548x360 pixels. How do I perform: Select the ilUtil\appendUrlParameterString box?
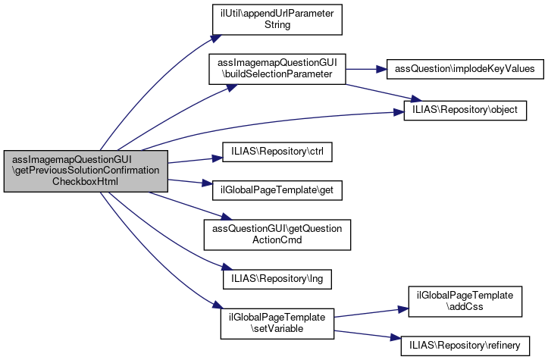click(x=277, y=19)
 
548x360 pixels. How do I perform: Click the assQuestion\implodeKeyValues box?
click(x=465, y=69)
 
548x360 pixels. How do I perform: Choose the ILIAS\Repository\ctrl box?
click(x=277, y=152)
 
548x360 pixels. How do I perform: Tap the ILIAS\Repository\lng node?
click(x=277, y=277)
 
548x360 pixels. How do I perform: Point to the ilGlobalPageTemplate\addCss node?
click(x=465, y=301)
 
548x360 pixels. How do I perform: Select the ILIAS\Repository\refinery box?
click(x=465, y=345)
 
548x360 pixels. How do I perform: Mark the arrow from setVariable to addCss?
click(x=368, y=313)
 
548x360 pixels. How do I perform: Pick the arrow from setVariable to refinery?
click(x=368, y=334)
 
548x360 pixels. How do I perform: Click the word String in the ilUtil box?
click(x=277, y=24)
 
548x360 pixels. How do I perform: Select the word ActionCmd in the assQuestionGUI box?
click(x=277, y=240)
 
